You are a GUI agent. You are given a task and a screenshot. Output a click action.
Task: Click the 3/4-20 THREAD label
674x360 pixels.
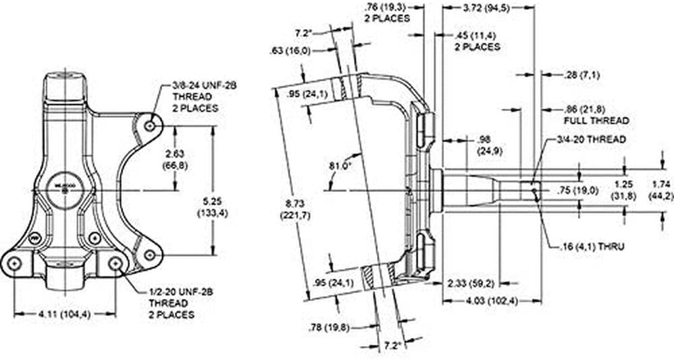click(x=590, y=140)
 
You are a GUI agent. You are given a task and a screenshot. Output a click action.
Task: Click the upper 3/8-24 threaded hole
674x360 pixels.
click(x=151, y=124)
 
